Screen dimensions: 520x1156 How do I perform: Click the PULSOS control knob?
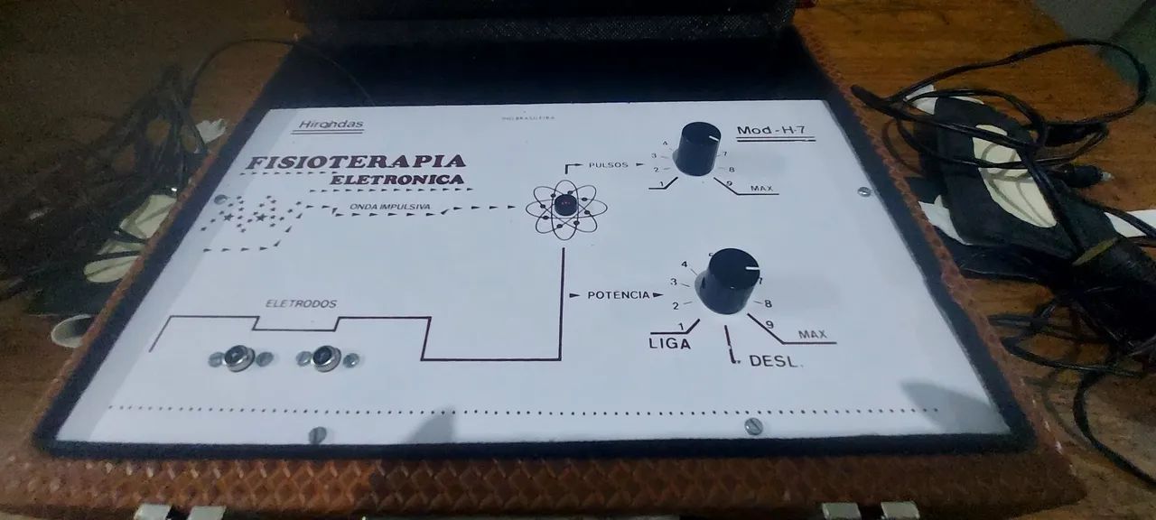click(698, 148)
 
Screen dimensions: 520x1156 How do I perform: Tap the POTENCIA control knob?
click(727, 280)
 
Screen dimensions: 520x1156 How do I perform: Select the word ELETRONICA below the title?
click(397, 180)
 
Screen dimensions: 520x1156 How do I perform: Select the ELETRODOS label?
click(301, 304)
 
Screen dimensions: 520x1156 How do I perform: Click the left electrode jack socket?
click(239, 357)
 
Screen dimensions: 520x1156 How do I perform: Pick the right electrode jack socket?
click(326, 357)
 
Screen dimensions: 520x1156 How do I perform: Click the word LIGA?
click(669, 344)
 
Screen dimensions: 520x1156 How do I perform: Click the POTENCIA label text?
click(619, 294)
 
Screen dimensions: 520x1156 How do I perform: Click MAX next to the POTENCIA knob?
click(812, 335)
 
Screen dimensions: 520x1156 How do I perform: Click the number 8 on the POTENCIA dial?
click(768, 304)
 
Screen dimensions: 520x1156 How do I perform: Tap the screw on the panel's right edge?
click(863, 191)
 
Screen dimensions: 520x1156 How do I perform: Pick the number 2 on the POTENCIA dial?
click(675, 305)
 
